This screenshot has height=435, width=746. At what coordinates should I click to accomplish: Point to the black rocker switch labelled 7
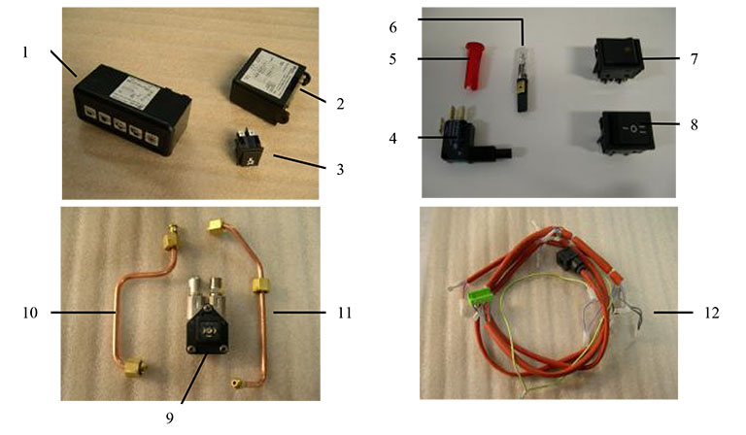pyautogui.click(x=616, y=56)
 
